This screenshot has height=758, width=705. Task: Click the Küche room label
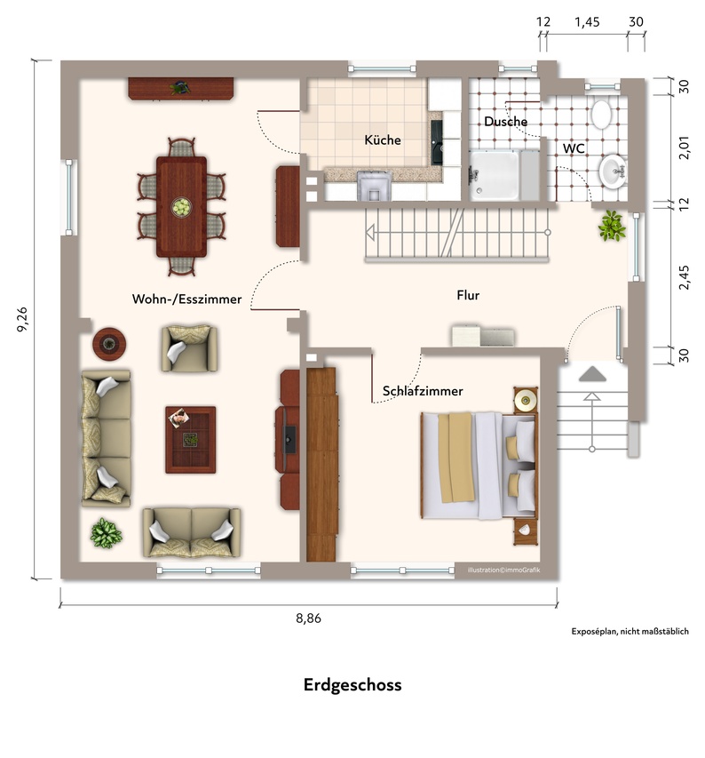pyautogui.click(x=383, y=140)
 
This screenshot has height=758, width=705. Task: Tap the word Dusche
pyautogui.click(x=505, y=122)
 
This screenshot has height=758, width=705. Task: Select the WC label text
pyautogui.click(x=574, y=148)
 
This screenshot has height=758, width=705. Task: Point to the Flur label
pyautogui.click(x=468, y=295)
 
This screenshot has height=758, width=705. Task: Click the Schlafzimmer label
pyautogui.click(x=423, y=391)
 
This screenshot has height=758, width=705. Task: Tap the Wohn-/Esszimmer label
pyautogui.click(x=186, y=299)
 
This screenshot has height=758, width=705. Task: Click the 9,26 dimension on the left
pyautogui.click(x=22, y=319)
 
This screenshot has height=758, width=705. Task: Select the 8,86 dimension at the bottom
pyautogui.click(x=308, y=618)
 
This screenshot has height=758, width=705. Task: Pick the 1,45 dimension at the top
pyautogui.click(x=587, y=22)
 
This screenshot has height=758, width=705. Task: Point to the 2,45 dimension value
pyautogui.click(x=685, y=277)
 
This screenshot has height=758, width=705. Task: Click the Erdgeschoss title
pyautogui.click(x=352, y=685)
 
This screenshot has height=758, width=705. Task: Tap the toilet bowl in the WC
pyautogui.click(x=602, y=114)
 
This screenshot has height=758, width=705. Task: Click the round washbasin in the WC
pyautogui.click(x=614, y=172)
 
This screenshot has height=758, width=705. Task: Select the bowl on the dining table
pyautogui.click(x=181, y=207)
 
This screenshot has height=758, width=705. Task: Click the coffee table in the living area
pyautogui.click(x=191, y=440)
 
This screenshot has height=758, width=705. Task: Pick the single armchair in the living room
pyautogui.click(x=189, y=348)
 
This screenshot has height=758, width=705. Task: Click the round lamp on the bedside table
pyautogui.click(x=525, y=400)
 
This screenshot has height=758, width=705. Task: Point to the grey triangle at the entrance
pyautogui.click(x=592, y=374)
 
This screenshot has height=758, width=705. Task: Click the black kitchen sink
pyautogui.click(x=437, y=142)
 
